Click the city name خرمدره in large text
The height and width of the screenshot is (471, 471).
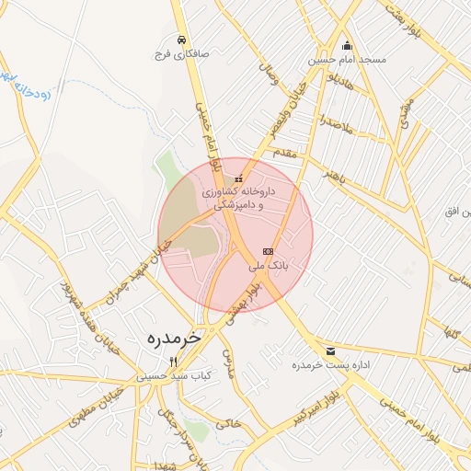(173, 338)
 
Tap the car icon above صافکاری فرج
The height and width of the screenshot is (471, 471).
(183, 40)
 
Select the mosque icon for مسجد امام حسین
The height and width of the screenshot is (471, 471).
(347, 46)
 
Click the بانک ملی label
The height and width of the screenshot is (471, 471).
(269, 264)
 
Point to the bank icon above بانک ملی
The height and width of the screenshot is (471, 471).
(268, 250)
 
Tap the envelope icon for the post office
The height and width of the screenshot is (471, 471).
(330, 351)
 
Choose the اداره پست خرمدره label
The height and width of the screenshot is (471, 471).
(331, 365)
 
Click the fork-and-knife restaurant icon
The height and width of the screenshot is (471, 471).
(174, 362)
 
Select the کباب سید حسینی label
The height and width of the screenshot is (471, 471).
(174, 375)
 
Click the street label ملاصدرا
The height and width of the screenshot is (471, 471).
(337, 121)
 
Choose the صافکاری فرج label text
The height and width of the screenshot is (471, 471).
(183, 54)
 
